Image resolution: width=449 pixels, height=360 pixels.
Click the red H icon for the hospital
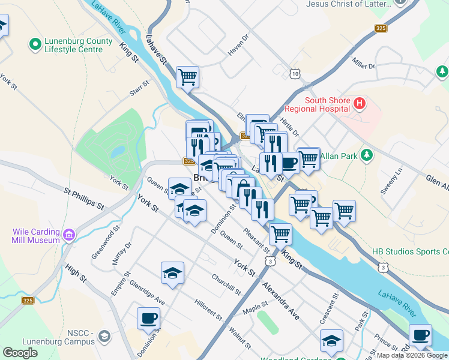coord(360,103)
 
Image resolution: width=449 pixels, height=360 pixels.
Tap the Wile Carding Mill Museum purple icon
coord(69,235)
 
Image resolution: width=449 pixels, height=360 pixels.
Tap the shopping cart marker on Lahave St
coord(187,76)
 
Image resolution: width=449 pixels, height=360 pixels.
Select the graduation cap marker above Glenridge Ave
coord(172,272)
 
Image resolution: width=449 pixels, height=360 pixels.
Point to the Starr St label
coord(139,89)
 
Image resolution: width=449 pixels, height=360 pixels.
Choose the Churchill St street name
coord(226,285)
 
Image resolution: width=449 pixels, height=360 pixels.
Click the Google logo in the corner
coord(20,352)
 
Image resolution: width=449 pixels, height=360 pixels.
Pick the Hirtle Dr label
coord(289,127)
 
